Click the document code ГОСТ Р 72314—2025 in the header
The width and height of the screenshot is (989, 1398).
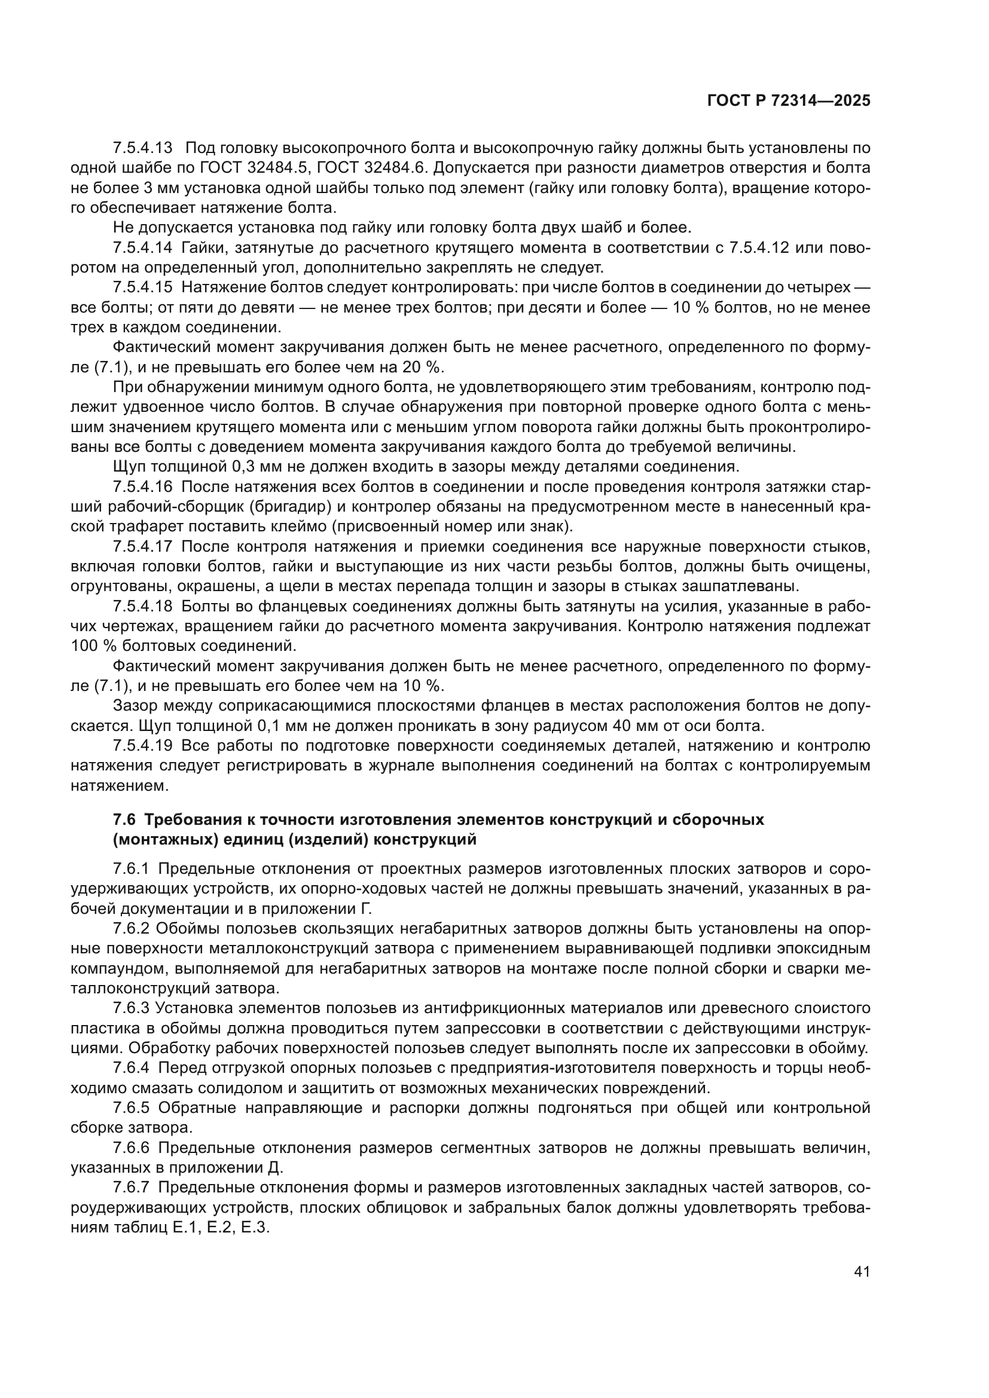tap(788, 101)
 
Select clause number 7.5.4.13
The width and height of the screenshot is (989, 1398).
tap(142, 148)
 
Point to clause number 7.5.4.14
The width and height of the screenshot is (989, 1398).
tap(142, 248)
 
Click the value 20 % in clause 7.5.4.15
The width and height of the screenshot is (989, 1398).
tap(423, 367)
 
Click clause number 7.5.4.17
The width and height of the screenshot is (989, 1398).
tap(142, 547)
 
